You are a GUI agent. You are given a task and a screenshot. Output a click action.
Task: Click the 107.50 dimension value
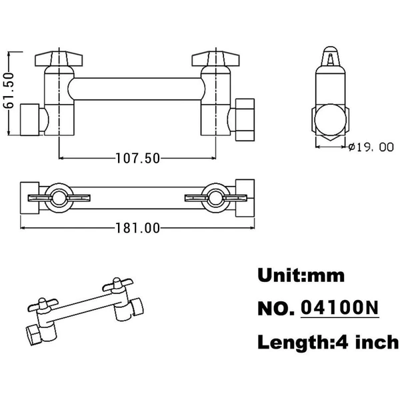click(x=138, y=158)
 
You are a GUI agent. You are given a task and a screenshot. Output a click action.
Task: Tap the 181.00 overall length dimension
click(x=138, y=228)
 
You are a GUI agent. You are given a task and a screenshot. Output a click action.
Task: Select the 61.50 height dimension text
click(x=9, y=91)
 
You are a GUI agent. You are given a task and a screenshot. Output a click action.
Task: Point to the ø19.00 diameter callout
click(x=371, y=147)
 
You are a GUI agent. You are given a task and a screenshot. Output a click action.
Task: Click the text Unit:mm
click(x=301, y=275)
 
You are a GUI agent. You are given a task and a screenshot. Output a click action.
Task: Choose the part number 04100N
click(x=339, y=307)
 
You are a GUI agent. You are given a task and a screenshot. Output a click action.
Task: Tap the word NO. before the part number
click(x=276, y=309)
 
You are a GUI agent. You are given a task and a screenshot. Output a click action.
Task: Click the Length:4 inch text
click(x=328, y=342)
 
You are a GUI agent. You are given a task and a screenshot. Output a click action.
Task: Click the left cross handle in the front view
click(x=59, y=59)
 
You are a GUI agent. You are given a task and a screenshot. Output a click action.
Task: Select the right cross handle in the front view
click(x=215, y=59)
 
